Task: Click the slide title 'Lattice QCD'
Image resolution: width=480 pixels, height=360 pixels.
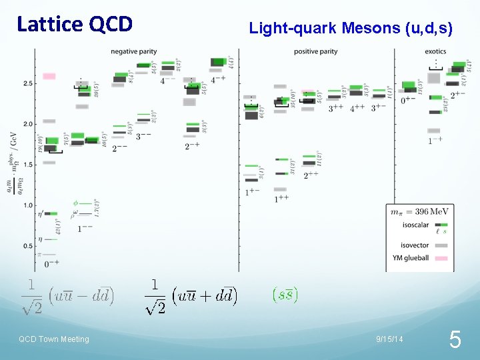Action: (x=74, y=25)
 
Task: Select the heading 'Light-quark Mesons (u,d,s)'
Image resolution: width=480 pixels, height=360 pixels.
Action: (x=351, y=29)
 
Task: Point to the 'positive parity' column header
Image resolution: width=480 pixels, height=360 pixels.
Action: (x=315, y=51)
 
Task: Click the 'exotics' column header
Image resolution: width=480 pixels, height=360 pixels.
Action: (x=435, y=51)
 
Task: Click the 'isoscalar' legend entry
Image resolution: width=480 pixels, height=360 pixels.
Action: (x=411, y=225)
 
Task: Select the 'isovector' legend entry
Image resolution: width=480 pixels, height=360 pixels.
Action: (x=411, y=245)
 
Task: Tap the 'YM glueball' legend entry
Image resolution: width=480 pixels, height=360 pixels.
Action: (x=410, y=258)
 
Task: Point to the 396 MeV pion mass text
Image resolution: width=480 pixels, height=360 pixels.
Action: (x=420, y=212)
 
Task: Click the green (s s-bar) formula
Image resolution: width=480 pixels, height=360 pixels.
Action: (x=285, y=293)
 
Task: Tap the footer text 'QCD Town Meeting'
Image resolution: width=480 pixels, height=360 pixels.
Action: (x=53, y=339)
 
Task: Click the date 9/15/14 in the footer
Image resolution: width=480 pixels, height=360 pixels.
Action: (x=389, y=339)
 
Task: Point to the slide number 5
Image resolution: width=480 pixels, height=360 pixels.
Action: (x=455, y=341)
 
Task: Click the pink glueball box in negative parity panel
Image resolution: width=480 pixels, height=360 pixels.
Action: (x=49, y=76)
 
